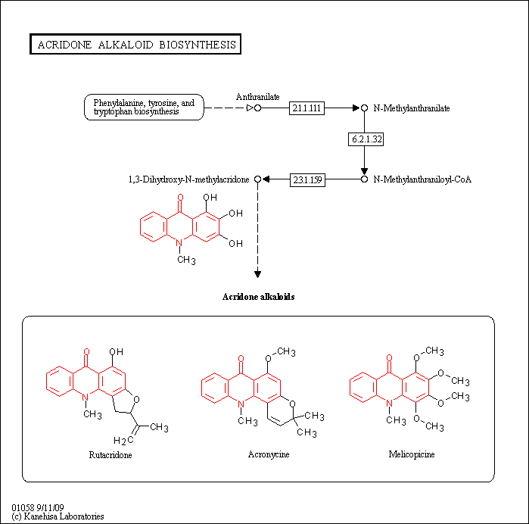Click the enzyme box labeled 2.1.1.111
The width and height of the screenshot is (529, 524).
click(307, 108)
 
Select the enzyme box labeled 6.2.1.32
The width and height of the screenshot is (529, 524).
click(366, 139)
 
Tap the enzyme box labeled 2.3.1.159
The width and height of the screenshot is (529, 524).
click(307, 179)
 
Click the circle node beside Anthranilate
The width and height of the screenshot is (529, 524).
click(258, 108)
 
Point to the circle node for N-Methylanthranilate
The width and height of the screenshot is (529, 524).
click(364, 108)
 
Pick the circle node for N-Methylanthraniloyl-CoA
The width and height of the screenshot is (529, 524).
click(364, 179)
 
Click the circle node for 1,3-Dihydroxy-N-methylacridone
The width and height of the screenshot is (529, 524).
click(258, 179)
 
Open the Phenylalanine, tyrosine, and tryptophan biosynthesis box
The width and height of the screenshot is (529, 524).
click(144, 107)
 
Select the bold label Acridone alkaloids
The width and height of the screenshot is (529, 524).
click(258, 297)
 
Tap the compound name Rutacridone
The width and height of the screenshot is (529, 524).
click(110, 455)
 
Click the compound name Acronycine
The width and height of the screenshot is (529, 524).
click(269, 454)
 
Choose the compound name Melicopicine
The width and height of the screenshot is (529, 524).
click(412, 454)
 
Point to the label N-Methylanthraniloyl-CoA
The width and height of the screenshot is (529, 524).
click(422, 179)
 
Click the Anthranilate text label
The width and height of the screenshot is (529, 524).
click(258, 97)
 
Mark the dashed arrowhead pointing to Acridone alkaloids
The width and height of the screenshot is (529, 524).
click(258, 274)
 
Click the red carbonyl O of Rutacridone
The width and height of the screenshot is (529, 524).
click(86, 352)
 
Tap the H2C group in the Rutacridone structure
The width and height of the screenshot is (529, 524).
click(123, 440)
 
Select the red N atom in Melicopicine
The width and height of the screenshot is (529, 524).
click(389, 403)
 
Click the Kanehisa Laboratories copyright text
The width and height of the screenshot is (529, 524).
click(58, 516)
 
